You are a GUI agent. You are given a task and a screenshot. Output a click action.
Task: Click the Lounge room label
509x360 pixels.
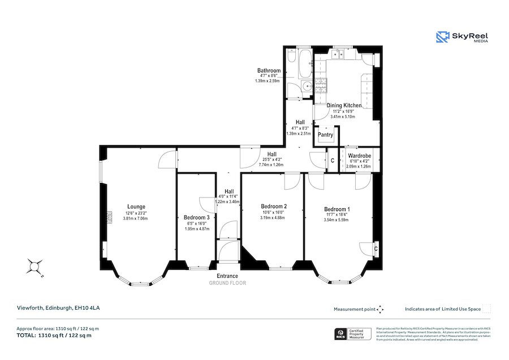[136, 207]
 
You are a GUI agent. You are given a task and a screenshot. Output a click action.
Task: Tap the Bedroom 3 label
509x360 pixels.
[197, 217]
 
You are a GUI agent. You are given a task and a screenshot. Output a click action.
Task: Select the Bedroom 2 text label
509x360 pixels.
[273, 206]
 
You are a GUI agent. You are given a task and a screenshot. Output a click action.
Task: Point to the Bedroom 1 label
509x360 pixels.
[337, 209]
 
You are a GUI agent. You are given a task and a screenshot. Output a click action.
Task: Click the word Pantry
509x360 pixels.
[325, 135]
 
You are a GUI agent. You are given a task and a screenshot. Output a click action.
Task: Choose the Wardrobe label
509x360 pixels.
[359, 156]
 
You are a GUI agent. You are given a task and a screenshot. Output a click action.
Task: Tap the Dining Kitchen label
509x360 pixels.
[344, 105]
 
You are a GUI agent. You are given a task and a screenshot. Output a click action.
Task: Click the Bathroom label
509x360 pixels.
[269, 71]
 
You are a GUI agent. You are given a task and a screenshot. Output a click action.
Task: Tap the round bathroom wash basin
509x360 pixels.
[306, 87]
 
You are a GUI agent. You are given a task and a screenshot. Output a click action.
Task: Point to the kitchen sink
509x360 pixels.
[339, 54]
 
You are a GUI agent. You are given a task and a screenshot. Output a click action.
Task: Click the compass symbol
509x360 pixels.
[35, 266]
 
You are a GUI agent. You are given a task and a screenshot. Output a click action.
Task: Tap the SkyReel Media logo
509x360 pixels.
[462, 37]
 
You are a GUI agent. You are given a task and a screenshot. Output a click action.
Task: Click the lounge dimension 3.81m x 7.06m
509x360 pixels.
[136, 218]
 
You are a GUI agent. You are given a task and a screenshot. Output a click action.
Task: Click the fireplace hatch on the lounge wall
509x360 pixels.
[105, 217]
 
